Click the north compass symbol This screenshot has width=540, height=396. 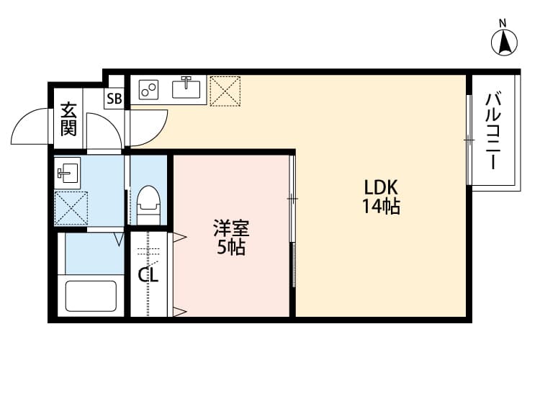[505, 43]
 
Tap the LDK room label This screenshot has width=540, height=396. [381, 187]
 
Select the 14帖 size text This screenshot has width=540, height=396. [381, 207]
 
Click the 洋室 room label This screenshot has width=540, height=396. [230, 230]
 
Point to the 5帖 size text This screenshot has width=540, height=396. [231, 248]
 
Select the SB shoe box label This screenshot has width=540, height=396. [114, 99]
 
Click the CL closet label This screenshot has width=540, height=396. [148, 274]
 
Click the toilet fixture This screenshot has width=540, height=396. [148, 204]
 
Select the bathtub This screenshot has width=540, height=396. [91, 295]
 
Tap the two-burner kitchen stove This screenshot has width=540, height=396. [150, 89]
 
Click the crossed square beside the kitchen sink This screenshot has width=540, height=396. [225, 91]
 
